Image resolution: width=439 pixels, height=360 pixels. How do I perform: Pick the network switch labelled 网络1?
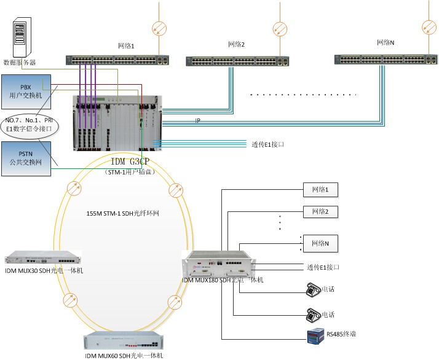(117, 61)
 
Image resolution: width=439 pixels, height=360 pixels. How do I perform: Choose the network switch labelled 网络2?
(237, 61)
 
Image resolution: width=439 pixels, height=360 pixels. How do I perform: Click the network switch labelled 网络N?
(386, 60)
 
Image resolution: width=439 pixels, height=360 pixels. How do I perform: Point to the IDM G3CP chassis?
(116, 123)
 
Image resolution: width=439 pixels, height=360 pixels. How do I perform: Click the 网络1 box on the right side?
(320, 190)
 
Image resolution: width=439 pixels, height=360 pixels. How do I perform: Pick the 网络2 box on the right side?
(320, 212)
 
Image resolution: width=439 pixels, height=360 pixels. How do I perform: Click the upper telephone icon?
(313, 289)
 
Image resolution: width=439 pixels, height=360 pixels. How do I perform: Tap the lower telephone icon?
(313, 315)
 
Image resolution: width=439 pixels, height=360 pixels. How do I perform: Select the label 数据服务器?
(20, 62)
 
